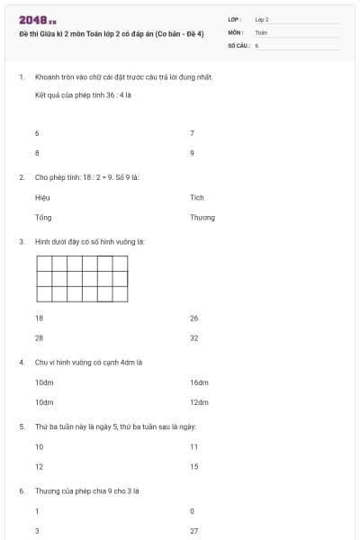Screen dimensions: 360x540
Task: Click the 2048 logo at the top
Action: pos(37,19)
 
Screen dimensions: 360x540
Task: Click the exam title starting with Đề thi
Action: pos(111,32)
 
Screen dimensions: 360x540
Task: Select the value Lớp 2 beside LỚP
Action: pos(262,18)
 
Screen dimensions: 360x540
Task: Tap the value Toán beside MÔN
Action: pos(261,31)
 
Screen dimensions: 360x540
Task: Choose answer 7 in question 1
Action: pos(193,133)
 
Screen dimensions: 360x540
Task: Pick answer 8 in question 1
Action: pos(37,153)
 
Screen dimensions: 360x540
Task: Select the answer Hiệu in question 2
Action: pos(42,197)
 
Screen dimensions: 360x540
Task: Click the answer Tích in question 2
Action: pos(197,197)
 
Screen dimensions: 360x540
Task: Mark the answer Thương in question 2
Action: pos(202,217)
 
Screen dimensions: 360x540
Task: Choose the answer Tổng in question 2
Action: pos(43,217)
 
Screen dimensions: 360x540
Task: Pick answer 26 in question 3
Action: pos(194,318)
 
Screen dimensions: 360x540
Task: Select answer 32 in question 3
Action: pos(194,338)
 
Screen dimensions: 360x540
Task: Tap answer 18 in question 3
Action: pos(39,318)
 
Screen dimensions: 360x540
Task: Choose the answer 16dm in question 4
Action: pos(199,382)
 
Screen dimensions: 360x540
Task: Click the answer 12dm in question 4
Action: pos(199,402)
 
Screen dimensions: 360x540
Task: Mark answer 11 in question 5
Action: pos(193,446)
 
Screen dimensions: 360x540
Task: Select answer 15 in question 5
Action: pos(194,466)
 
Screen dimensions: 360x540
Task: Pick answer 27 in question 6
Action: pos(194,531)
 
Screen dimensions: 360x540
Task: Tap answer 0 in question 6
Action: pos(193,511)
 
